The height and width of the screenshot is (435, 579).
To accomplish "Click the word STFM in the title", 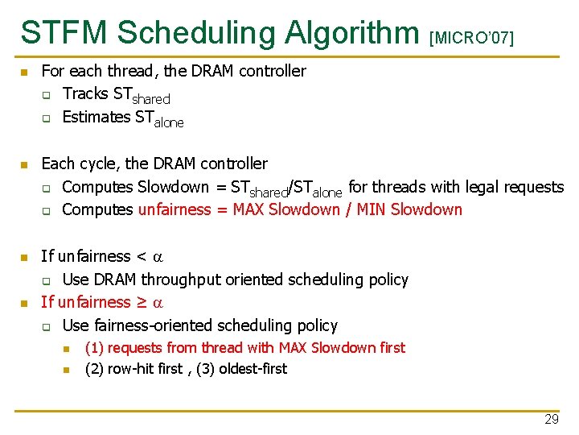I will click(x=64, y=32).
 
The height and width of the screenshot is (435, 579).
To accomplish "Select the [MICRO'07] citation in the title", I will click(x=472, y=37).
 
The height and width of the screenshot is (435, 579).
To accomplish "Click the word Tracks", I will click(x=85, y=94).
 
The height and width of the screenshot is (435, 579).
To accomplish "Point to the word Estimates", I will click(x=96, y=118).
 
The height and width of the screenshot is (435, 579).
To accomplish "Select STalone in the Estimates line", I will click(x=159, y=119).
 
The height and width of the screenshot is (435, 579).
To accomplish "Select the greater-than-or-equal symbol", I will click(x=142, y=303).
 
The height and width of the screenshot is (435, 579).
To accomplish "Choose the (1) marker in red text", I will click(x=94, y=348).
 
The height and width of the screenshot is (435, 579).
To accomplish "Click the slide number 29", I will click(x=551, y=420).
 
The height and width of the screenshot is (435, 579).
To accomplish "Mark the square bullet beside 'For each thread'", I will click(x=25, y=72).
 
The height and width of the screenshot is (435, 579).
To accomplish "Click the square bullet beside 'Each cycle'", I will click(x=25, y=165).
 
